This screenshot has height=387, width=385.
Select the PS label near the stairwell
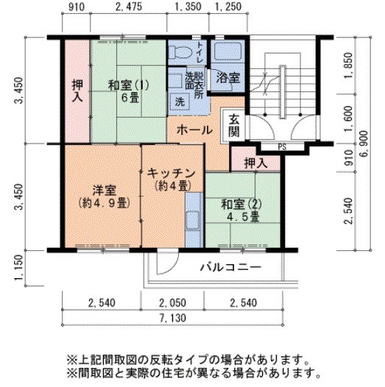pos(282,146)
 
